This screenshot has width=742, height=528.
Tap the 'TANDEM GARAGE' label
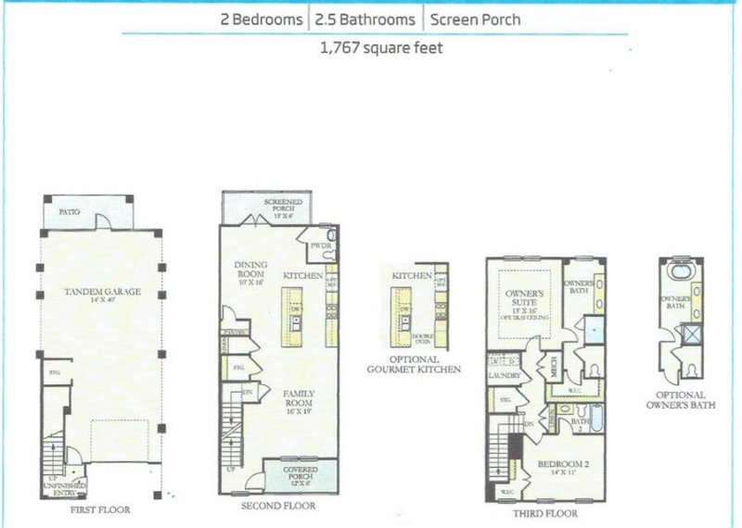click(103, 293)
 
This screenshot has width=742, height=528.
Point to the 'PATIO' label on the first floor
click(69, 212)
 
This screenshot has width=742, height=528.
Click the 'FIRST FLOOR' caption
click(99, 509)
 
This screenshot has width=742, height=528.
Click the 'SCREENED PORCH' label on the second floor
click(279, 207)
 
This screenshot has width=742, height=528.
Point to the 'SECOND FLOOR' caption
click(277, 506)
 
